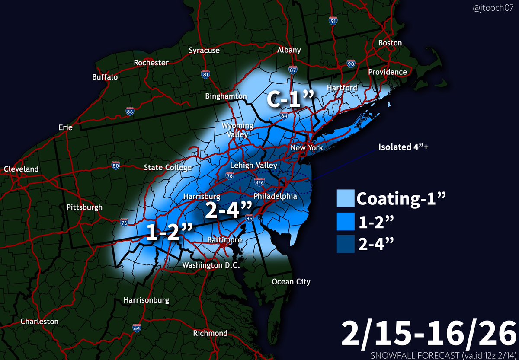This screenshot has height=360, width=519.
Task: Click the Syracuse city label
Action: click(x=204, y=51)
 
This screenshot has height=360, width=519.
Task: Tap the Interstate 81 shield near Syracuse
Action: click(x=206, y=74)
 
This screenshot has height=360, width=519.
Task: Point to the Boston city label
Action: click(x=390, y=43)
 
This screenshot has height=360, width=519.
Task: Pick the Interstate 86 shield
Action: click(x=130, y=111)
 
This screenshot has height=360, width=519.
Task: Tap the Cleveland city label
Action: click(x=21, y=169)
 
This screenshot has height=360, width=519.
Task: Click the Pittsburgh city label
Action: click(x=84, y=207)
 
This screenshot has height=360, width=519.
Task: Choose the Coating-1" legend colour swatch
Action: click(x=345, y=199)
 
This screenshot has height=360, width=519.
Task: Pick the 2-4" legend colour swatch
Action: click(x=345, y=245)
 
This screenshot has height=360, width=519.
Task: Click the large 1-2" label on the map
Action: click(x=169, y=233)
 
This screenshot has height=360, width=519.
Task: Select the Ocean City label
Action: click(x=291, y=282)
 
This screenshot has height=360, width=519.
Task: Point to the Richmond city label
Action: click(x=211, y=333)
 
